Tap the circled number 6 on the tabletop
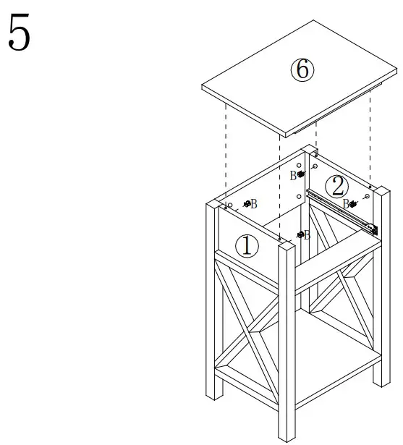tap(302, 70)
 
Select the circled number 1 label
tap(247, 247)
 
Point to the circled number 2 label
tap(336, 187)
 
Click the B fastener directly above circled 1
tap(247, 204)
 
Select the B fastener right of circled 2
tap(353, 204)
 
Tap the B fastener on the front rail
tap(300, 235)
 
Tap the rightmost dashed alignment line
tap(370, 137)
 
